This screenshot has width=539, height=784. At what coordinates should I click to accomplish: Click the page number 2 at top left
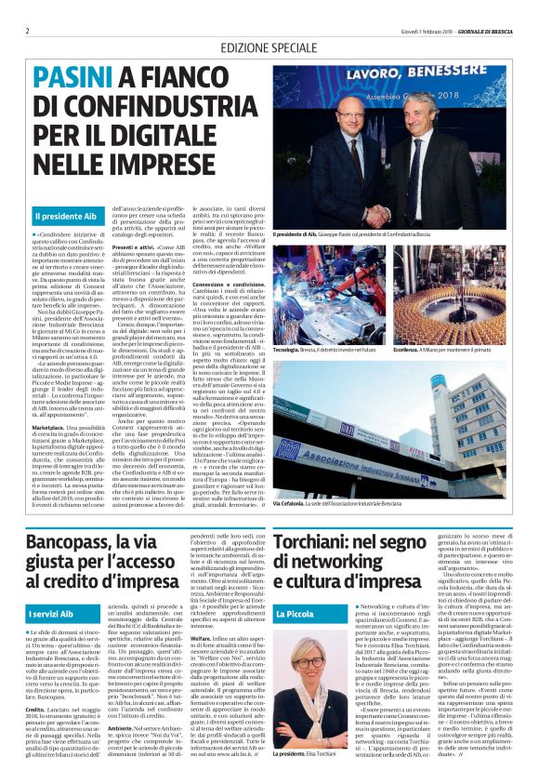27,30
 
